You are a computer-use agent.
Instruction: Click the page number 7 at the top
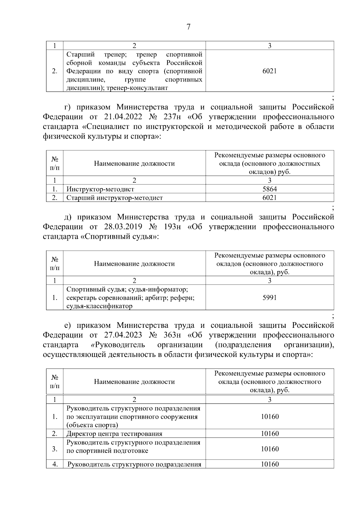pos(188,27)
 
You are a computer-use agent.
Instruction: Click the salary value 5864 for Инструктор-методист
pos(269,189)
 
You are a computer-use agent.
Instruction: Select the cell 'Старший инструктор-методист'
pos(115,198)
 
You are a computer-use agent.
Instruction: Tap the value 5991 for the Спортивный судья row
pos(269,298)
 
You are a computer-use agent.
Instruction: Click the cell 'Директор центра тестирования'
pos(114,434)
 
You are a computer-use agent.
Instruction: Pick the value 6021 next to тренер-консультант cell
pos(269,71)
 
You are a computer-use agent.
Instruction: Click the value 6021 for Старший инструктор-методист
pos(269,198)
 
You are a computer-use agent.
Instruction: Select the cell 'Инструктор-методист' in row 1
pos(100,189)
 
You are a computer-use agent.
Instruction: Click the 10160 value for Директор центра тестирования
pos(269,434)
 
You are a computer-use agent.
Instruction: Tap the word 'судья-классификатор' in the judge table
pos(99,306)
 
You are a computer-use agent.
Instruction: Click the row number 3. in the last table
pos(55,449)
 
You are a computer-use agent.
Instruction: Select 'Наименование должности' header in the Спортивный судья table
pos(134,264)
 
